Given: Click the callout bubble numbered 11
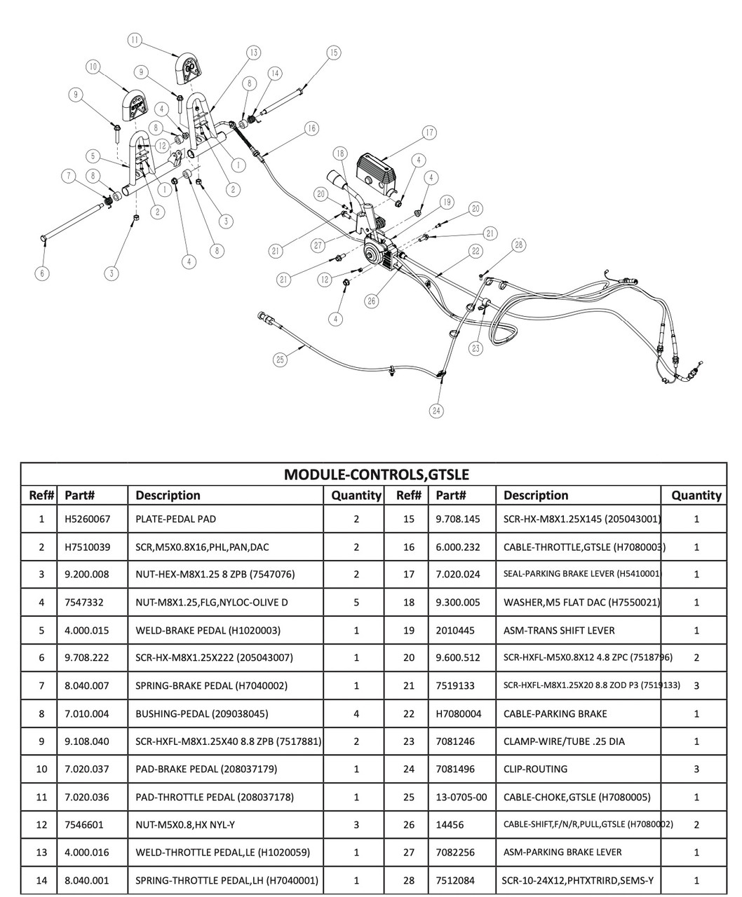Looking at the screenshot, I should [x=135, y=40].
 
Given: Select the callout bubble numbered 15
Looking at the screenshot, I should [x=333, y=53].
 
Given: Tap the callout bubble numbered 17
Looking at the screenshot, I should [x=429, y=132].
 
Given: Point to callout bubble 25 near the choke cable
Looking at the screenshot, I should [x=280, y=360].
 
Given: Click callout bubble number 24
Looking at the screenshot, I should [x=437, y=411].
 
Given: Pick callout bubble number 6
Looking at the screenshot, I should [x=43, y=273].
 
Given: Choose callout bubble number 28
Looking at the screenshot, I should [x=518, y=245].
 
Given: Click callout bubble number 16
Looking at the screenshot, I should [x=311, y=128].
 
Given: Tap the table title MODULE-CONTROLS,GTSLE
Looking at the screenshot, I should [x=376, y=474].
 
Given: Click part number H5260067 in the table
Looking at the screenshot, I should [x=87, y=519].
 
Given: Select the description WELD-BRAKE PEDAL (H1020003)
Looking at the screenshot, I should [x=208, y=630].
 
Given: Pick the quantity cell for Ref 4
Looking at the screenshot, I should [x=356, y=602].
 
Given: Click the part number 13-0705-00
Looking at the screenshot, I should [x=461, y=797].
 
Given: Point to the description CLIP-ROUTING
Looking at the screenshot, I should [x=535, y=769].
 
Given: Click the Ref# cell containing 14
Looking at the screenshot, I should [x=41, y=880].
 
